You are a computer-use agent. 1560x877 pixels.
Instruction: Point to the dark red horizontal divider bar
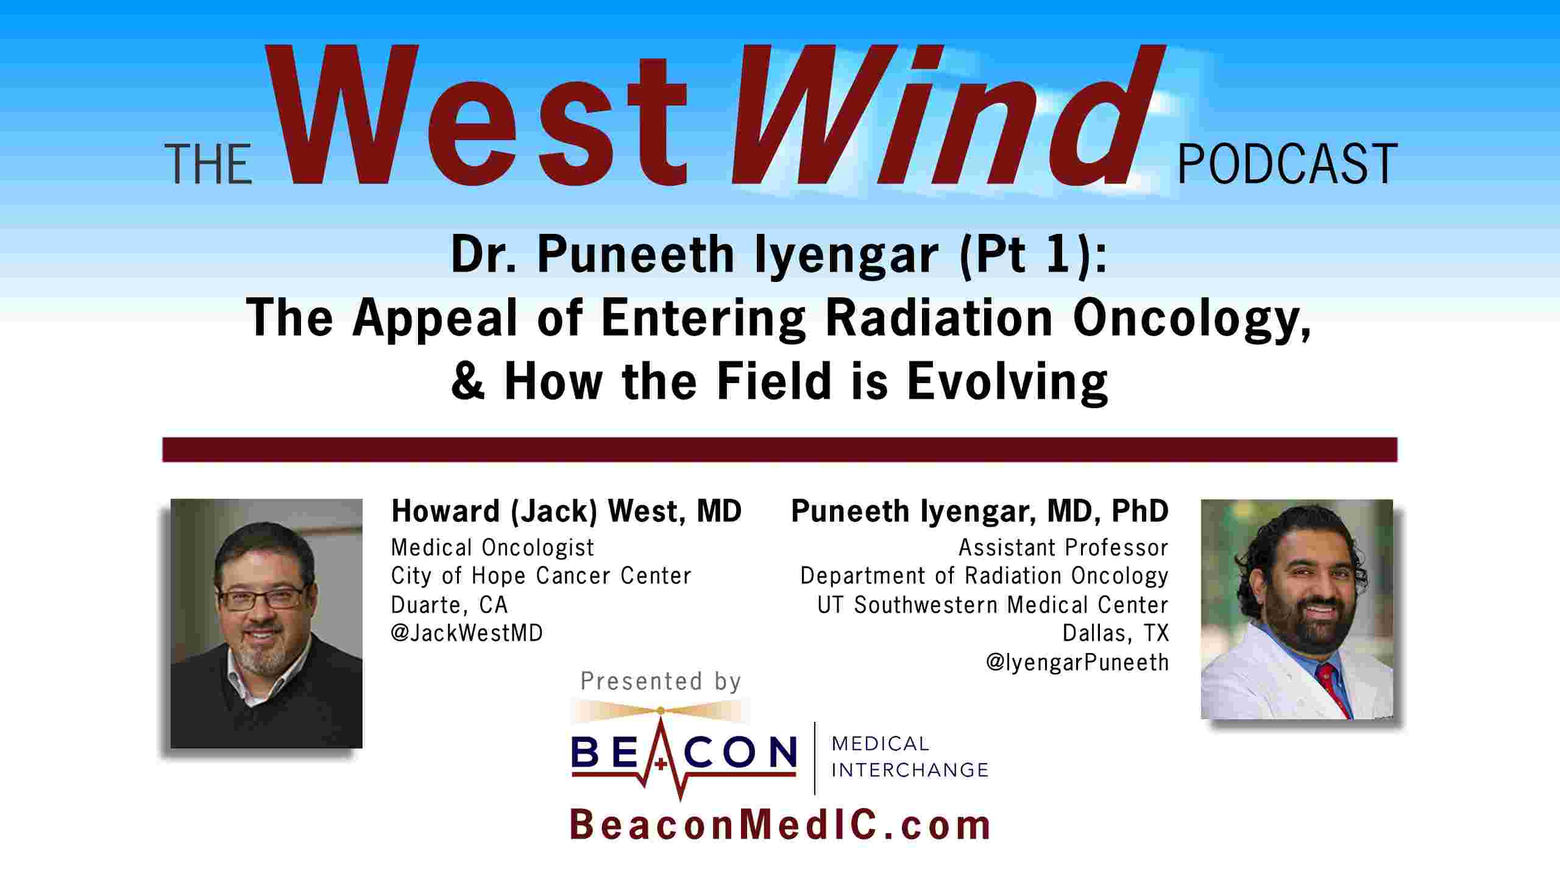[780, 449]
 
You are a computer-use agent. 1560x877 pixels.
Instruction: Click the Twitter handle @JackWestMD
[467, 633]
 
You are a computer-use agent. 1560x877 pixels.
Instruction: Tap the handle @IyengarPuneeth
[1077, 662]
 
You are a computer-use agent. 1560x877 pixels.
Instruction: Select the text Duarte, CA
[449, 605]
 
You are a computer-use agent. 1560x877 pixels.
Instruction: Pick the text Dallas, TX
[1116, 633]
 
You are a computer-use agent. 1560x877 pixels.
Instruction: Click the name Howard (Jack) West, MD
[566, 511]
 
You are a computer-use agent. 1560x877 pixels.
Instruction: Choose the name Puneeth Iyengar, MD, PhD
[980, 511]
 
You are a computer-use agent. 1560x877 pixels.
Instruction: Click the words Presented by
[661, 682]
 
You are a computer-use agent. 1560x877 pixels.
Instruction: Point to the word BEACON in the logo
[684, 752]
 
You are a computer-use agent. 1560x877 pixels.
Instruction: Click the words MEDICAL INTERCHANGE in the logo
[910, 757]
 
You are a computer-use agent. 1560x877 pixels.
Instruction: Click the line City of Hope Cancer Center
[541, 576]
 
